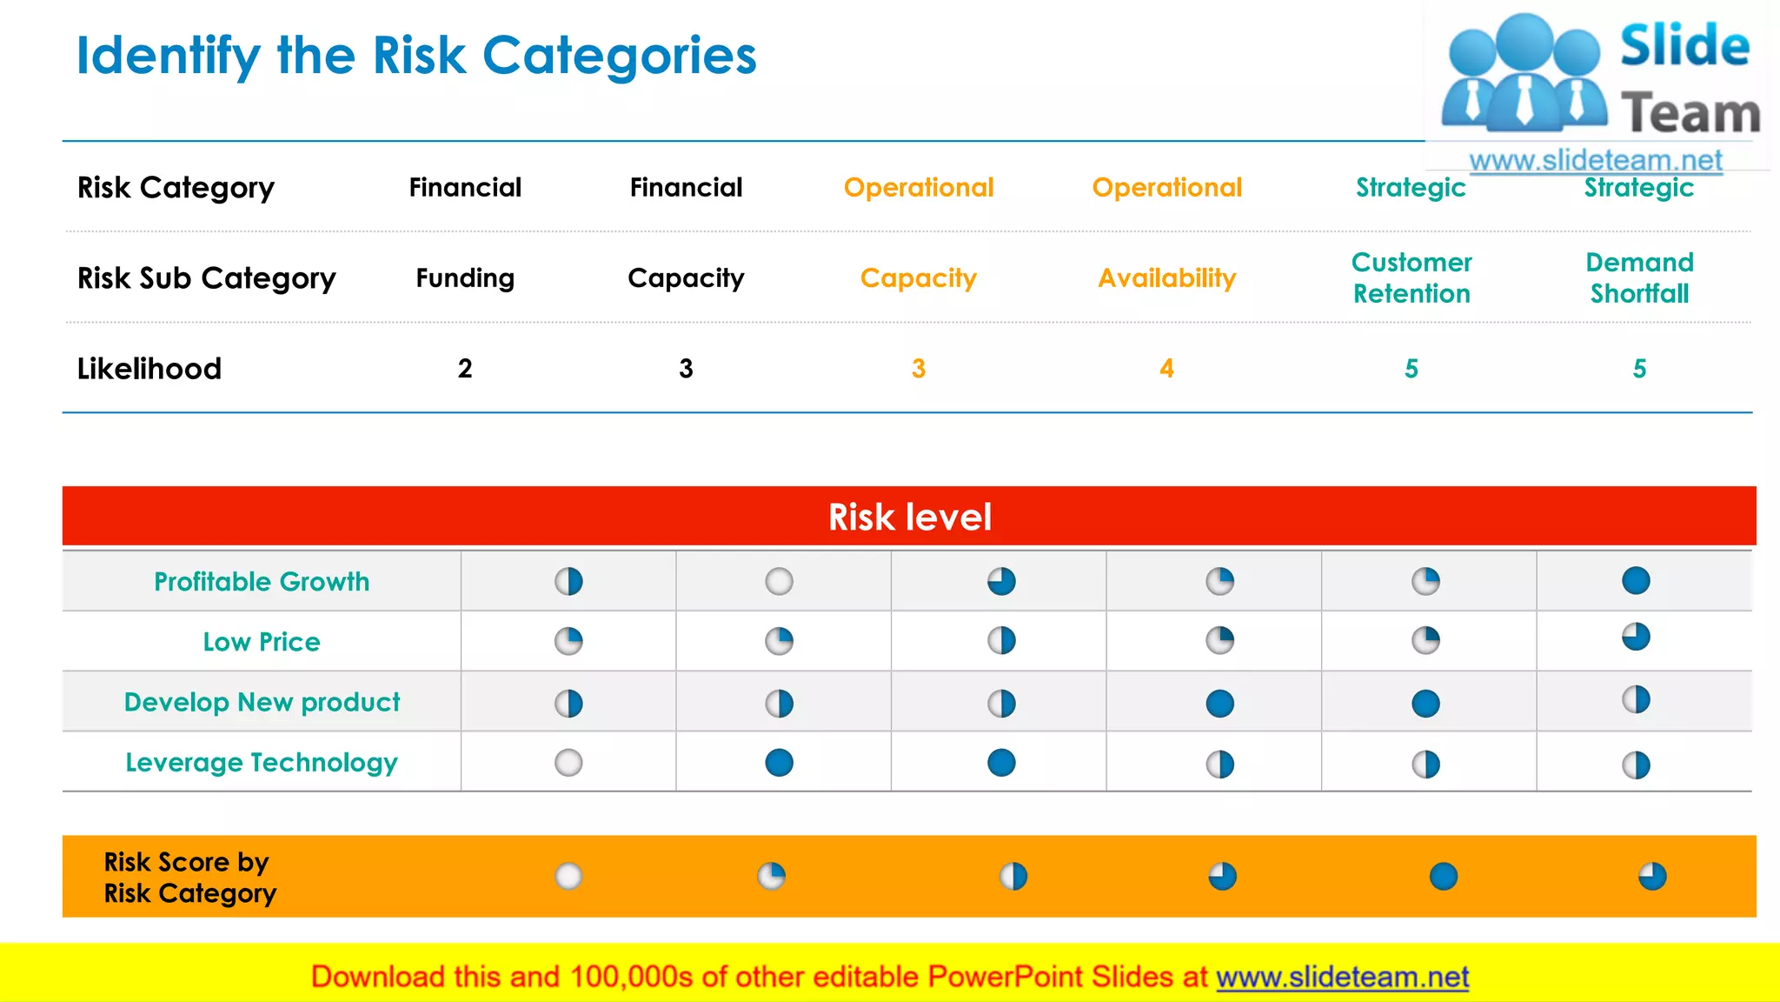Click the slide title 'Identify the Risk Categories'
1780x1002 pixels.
pyautogui.click(x=416, y=57)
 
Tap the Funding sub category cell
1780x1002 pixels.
pyautogui.click(x=465, y=278)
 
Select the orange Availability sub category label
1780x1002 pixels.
pyautogui.click(x=1166, y=278)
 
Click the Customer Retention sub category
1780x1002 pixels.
pyautogui.click(x=1411, y=278)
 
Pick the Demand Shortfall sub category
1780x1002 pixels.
pyautogui.click(x=1639, y=278)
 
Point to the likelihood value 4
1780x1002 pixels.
pyautogui.click(x=1166, y=369)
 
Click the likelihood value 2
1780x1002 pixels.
pyautogui.click(x=465, y=369)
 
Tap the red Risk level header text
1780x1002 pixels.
pyautogui.click(x=909, y=518)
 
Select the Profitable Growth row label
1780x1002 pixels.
pyautogui.click(x=262, y=582)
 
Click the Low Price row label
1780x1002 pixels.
pyautogui.click(x=262, y=642)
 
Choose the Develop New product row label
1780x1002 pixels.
pyautogui.click(x=262, y=702)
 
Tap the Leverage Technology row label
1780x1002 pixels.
pyautogui.click(x=262, y=763)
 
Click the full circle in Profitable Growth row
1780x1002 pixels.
pyautogui.click(x=1636, y=580)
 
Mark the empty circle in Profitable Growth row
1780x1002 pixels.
pyautogui.click(x=779, y=581)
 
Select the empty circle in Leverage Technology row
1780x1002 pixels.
pyautogui.click(x=568, y=763)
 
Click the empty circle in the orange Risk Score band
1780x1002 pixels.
pyautogui.click(x=568, y=876)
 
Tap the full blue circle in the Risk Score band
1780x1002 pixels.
pyautogui.click(x=1444, y=876)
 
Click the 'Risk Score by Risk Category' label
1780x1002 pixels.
pyautogui.click(x=189, y=878)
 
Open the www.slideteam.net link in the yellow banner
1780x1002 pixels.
pyautogui.click(x=1342, y=978)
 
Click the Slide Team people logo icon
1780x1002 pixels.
pyautogui.click(x=1524, y=74)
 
